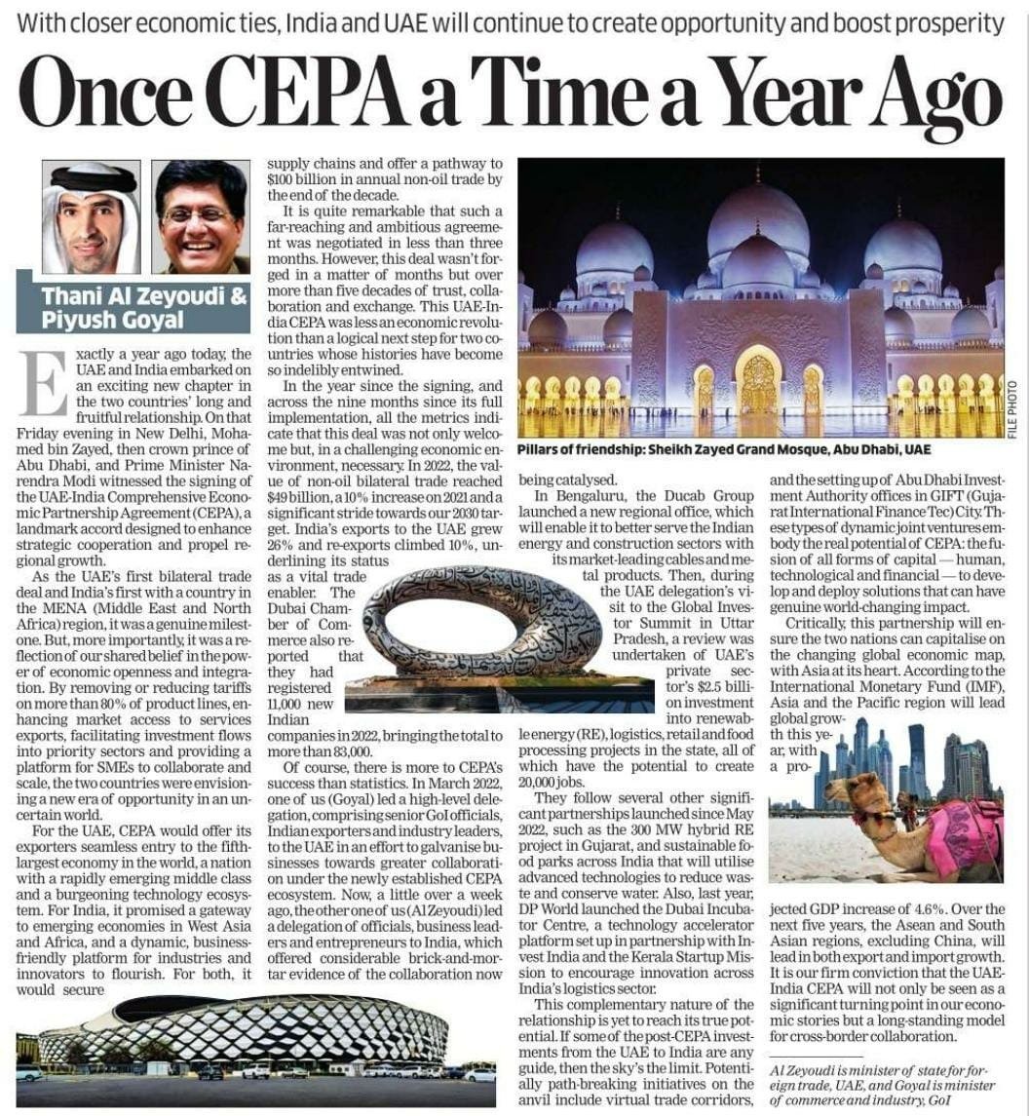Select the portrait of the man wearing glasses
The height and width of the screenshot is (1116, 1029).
point(201,216)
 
